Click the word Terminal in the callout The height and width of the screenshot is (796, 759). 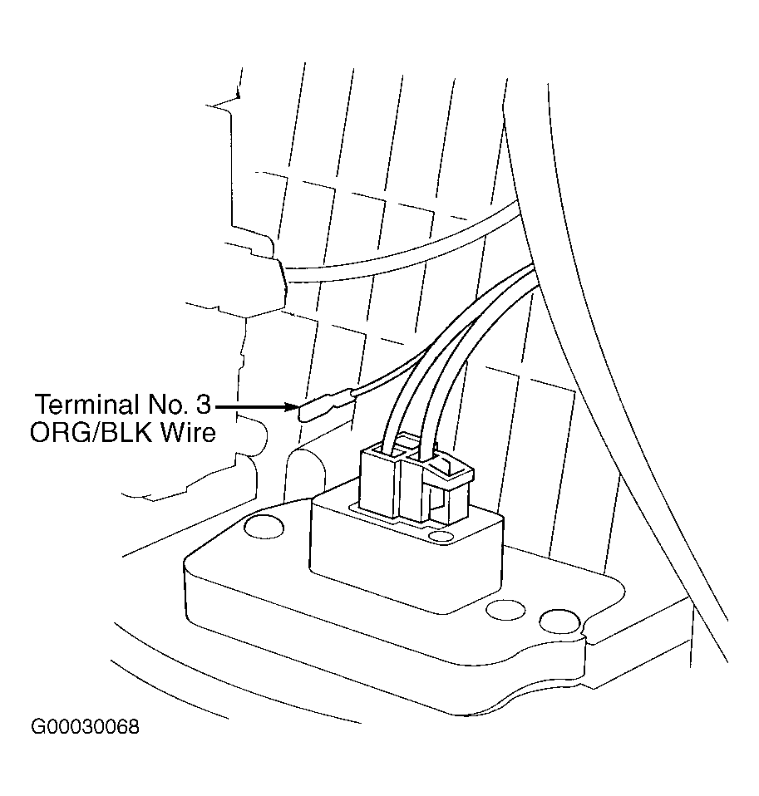(x=86, y=405)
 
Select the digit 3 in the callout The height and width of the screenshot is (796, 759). (x=202, y=405)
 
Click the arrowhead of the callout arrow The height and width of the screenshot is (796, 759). (x=292, y=406)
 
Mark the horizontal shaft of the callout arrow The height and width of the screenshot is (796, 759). (x=251, y=406)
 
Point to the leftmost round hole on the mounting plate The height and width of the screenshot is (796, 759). (x=264, y=527)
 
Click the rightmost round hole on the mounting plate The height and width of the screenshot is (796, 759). (x=559, y=622)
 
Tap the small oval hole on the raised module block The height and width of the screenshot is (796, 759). (x=441, y=536)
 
